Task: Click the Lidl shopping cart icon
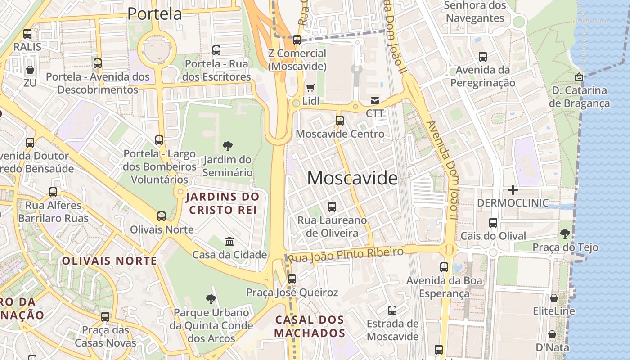coord(310,88)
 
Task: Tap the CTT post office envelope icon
coord(375,100)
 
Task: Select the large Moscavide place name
coord(352,179)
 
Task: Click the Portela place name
coord(154,13)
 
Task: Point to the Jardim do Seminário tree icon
coord(228,146)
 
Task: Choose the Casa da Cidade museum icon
coord(229,242)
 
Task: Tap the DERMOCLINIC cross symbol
coord(513,190)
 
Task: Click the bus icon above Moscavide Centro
coord(340,121)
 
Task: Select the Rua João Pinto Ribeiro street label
coord(346,255)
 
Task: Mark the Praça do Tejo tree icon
coord(565,234)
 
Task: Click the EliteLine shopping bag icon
coord(554,298)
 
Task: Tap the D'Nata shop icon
coord(552,334)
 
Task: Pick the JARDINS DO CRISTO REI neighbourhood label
coord(223,203)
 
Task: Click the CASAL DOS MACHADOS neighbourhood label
coord(310,327)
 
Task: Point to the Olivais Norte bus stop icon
coord(162,216)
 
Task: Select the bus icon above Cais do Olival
coord(493,223)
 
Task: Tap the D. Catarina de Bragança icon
coord(579,77)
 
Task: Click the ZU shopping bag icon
coord(30,70)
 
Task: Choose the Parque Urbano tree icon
coord(211,299)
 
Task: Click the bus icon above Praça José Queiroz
coord(292,279)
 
